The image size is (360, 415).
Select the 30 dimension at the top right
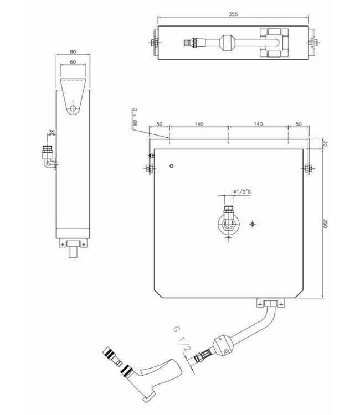[x=325, y=143]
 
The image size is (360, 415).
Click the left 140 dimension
[x=199, y=124]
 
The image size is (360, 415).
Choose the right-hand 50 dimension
[x=300, y=124]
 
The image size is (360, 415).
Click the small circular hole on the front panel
[x=173, y=166]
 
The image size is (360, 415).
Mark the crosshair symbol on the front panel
[x=253, y=224]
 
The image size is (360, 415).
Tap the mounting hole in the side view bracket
[x=73, y=108]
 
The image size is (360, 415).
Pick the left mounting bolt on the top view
[x=153, y=43]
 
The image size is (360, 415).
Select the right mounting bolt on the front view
[x=307, y=168]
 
